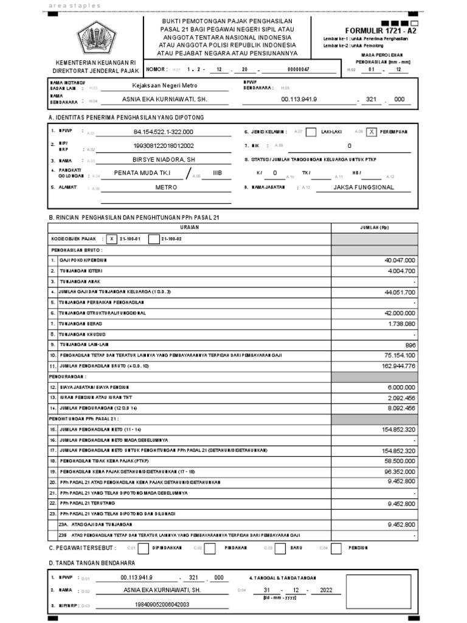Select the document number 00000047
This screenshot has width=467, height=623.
coord(298,69)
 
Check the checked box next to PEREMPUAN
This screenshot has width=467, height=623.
coord(372,131)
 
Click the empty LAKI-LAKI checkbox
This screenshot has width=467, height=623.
coord(311,131)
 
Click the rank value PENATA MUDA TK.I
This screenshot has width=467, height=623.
coord(143,173)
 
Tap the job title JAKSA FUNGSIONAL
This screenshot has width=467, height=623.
coord(364,187)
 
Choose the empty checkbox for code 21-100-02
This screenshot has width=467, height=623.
coord(154,239)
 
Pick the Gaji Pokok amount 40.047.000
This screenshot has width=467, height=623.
coord(400,260)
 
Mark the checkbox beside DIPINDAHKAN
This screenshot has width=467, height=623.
coord(144,548)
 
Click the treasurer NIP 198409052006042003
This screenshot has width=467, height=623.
coord(155,605)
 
